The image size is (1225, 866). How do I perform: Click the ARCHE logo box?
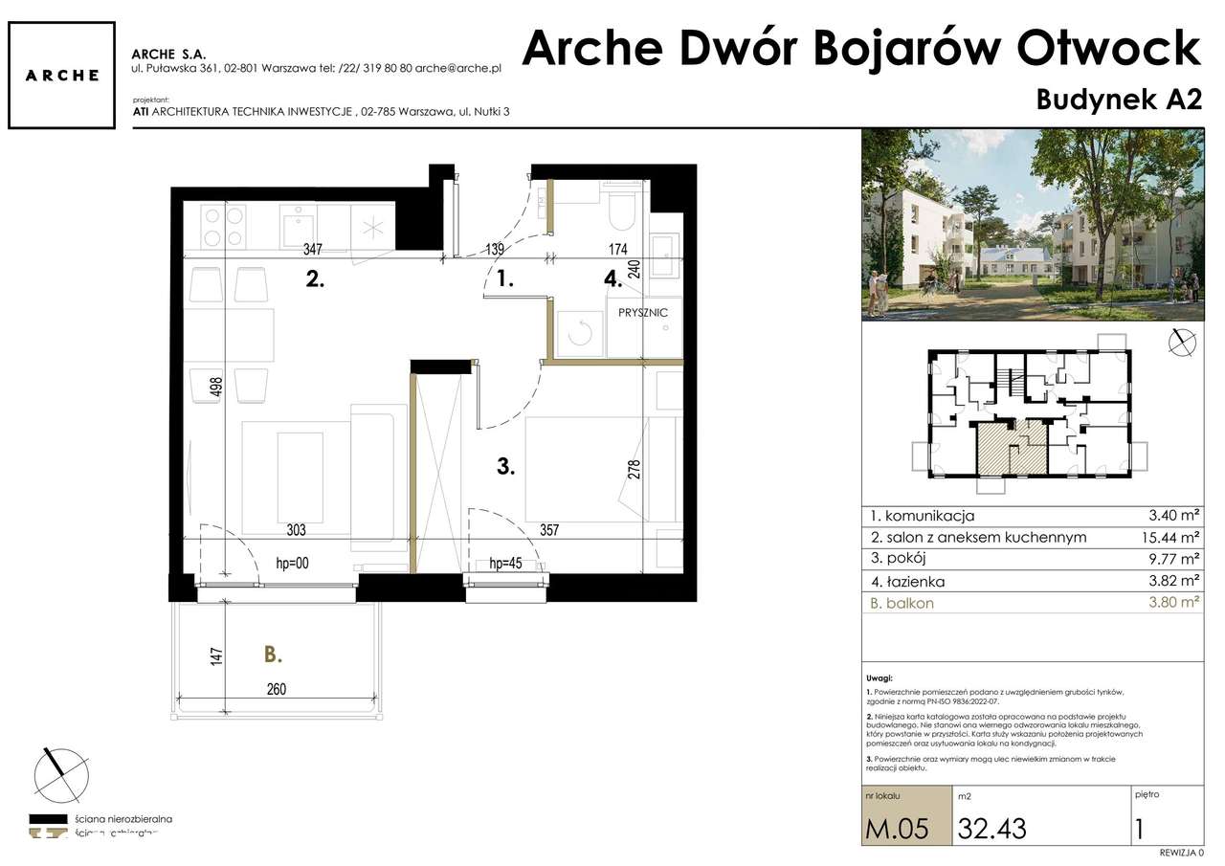[x=62, y=76]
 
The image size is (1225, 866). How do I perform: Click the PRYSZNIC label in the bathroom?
[x=643, y=312]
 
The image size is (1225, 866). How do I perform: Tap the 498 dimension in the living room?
[x=216, y=387]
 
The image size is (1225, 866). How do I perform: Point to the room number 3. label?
[x=506, y=467]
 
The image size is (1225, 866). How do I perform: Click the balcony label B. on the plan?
[x=273, y=655]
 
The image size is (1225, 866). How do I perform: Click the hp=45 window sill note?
[x=505, y=564]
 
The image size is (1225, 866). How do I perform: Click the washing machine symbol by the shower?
[x=579, y=332]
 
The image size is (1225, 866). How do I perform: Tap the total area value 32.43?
[x=992, y=828]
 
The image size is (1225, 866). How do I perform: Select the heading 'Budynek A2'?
[x=1118, y=100]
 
